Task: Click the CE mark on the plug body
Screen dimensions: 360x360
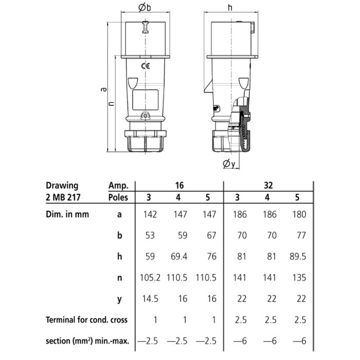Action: [146, 66]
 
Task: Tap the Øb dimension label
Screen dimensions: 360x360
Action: [145, 7]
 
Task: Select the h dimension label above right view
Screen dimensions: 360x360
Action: [230, 8]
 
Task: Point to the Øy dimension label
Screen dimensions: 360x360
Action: [229, 164]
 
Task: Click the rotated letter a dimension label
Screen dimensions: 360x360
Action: [104, 89]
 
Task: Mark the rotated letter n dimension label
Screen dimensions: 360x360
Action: [112, 103]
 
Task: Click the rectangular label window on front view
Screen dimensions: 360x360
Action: [146, 100]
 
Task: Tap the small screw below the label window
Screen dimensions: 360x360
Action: [146, 116]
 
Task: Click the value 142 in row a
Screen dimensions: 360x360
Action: [150, 214]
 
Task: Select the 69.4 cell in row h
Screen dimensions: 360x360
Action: [179, 257]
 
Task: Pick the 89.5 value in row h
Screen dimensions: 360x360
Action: [298, 257]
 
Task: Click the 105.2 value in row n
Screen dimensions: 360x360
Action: [150, 278]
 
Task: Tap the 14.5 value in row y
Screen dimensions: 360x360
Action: [150, 299]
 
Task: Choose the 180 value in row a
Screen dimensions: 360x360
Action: [299, 214]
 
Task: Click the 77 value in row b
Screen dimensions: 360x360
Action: [301, 236]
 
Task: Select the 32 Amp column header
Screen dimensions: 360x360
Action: [268, 185]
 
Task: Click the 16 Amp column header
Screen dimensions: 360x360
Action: [179, 185]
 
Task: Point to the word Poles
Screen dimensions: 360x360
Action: [118, 197]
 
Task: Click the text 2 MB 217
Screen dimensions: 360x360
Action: [63, 197]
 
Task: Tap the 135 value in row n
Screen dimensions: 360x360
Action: [299, 278]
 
